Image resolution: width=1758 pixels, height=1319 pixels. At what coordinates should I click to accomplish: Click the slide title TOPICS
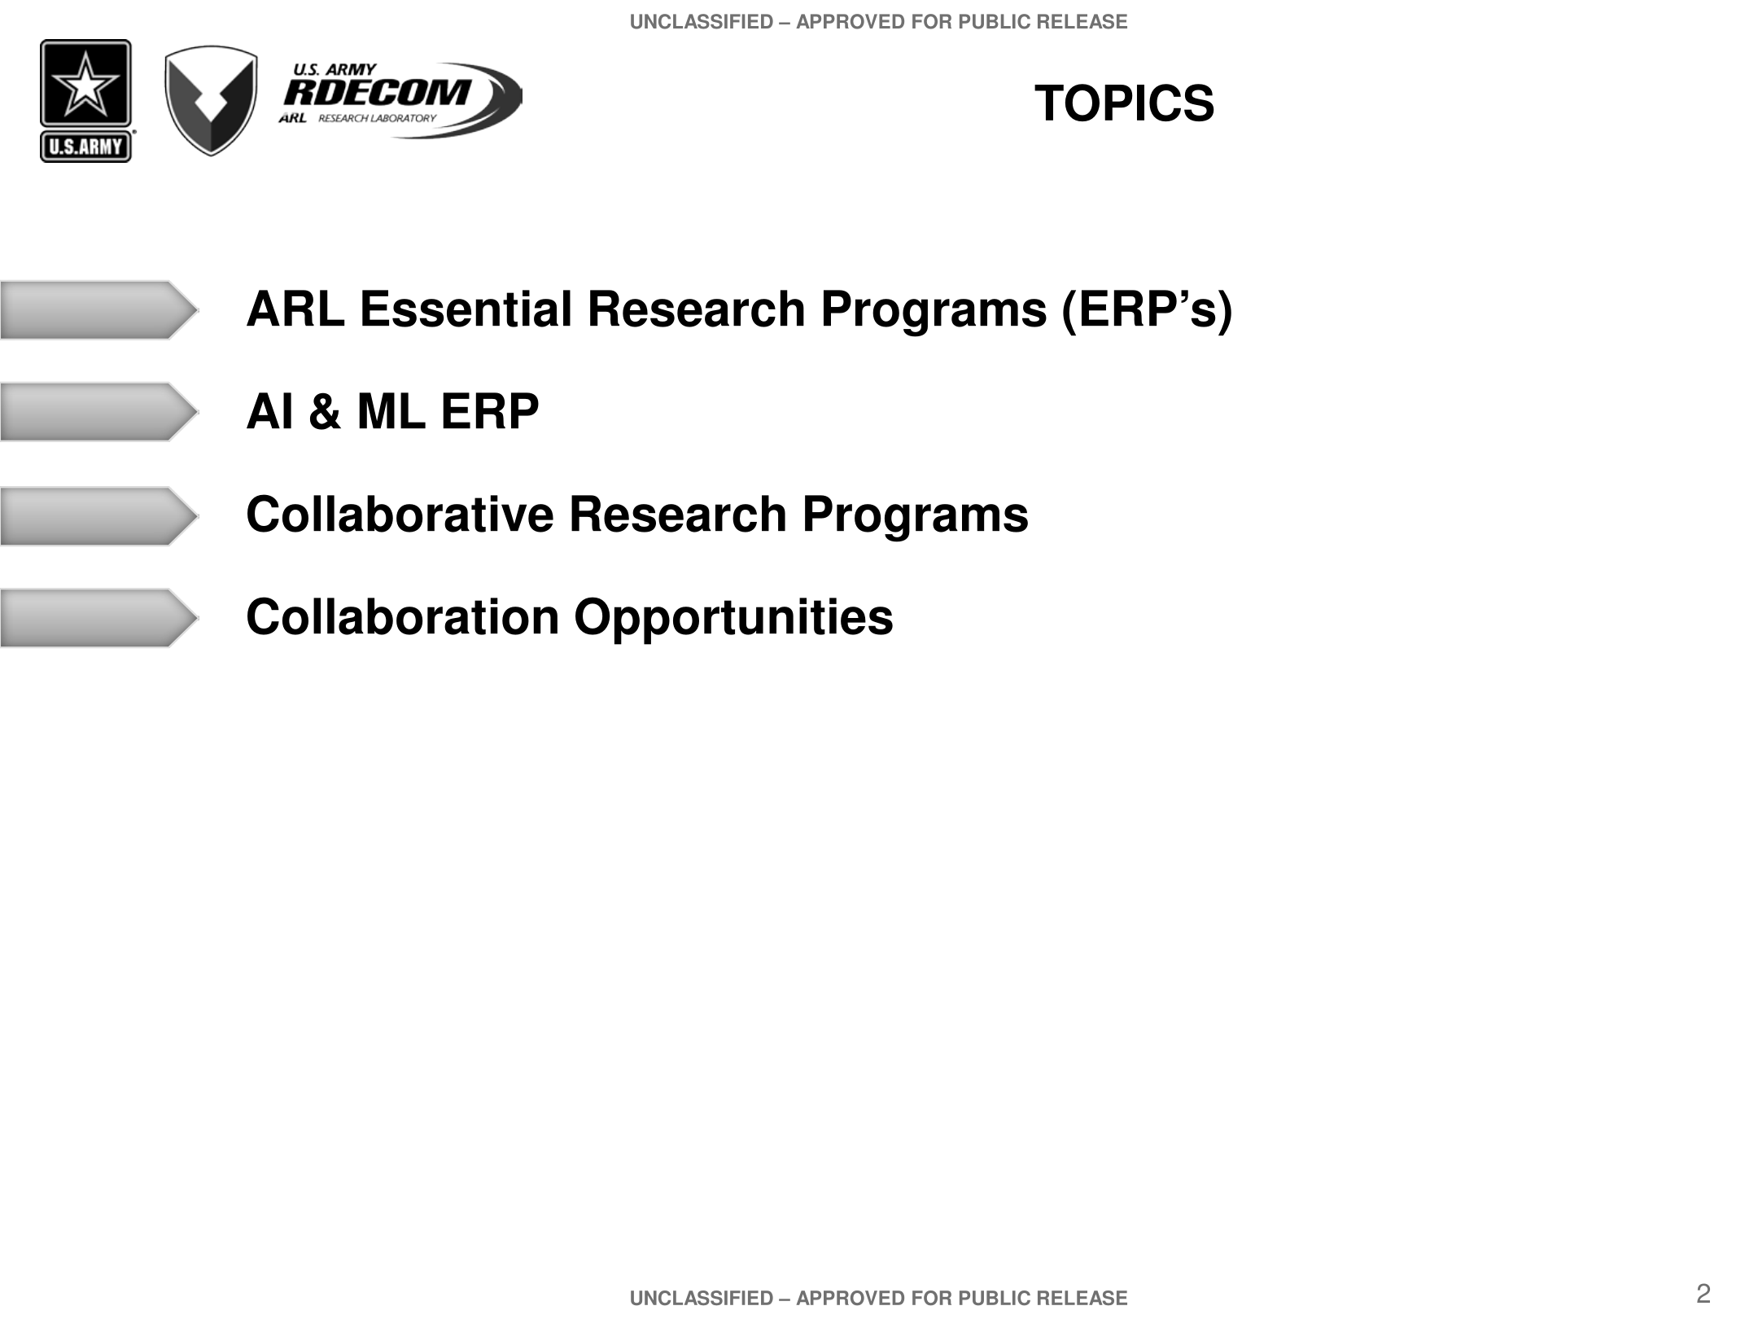pyautogui.click(x=1124, y=104)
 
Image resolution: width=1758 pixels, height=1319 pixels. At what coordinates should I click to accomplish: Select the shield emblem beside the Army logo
pyautogui.click(x=211, y=100)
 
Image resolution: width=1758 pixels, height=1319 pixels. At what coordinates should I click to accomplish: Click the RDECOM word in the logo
pyautogui.click(x=377, y=93)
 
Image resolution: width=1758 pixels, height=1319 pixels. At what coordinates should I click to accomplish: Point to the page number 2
pyautogui.click(x=1703, y=1293)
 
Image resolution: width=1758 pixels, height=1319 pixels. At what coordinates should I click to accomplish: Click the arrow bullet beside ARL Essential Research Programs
pyautogui.click(x=99, y=310)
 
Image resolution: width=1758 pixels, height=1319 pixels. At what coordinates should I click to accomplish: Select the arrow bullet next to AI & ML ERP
pyautogui.click(x=99, y=412)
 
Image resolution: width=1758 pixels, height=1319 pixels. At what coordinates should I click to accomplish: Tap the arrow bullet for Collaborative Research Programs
pyautogui.click(x=99, y=516)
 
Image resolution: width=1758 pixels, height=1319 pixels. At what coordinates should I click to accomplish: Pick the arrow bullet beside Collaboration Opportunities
pyautogui.click(x=99, y=618)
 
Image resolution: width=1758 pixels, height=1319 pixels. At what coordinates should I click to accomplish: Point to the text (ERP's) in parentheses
pyautogui.click(x=1147, y=311)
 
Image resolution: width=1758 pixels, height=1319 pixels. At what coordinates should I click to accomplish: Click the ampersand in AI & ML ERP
pyautogui.click(x=325, y=411)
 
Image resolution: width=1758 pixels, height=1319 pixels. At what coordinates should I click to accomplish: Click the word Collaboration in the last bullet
pyautogui.click(x=403, y=617)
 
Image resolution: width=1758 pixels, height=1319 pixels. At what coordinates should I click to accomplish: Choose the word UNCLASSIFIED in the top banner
pyautogui.click(x=702, y=22)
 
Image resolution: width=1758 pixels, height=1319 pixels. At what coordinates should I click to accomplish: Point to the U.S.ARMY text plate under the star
pyautogui.click(x=85, y=147)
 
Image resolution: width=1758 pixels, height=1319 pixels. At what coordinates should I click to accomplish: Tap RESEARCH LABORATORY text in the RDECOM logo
pyautogui.click(x=377, y=118)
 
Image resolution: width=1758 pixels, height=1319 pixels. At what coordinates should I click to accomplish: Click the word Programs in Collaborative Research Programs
pyautogui.click(x=915, y=516)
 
